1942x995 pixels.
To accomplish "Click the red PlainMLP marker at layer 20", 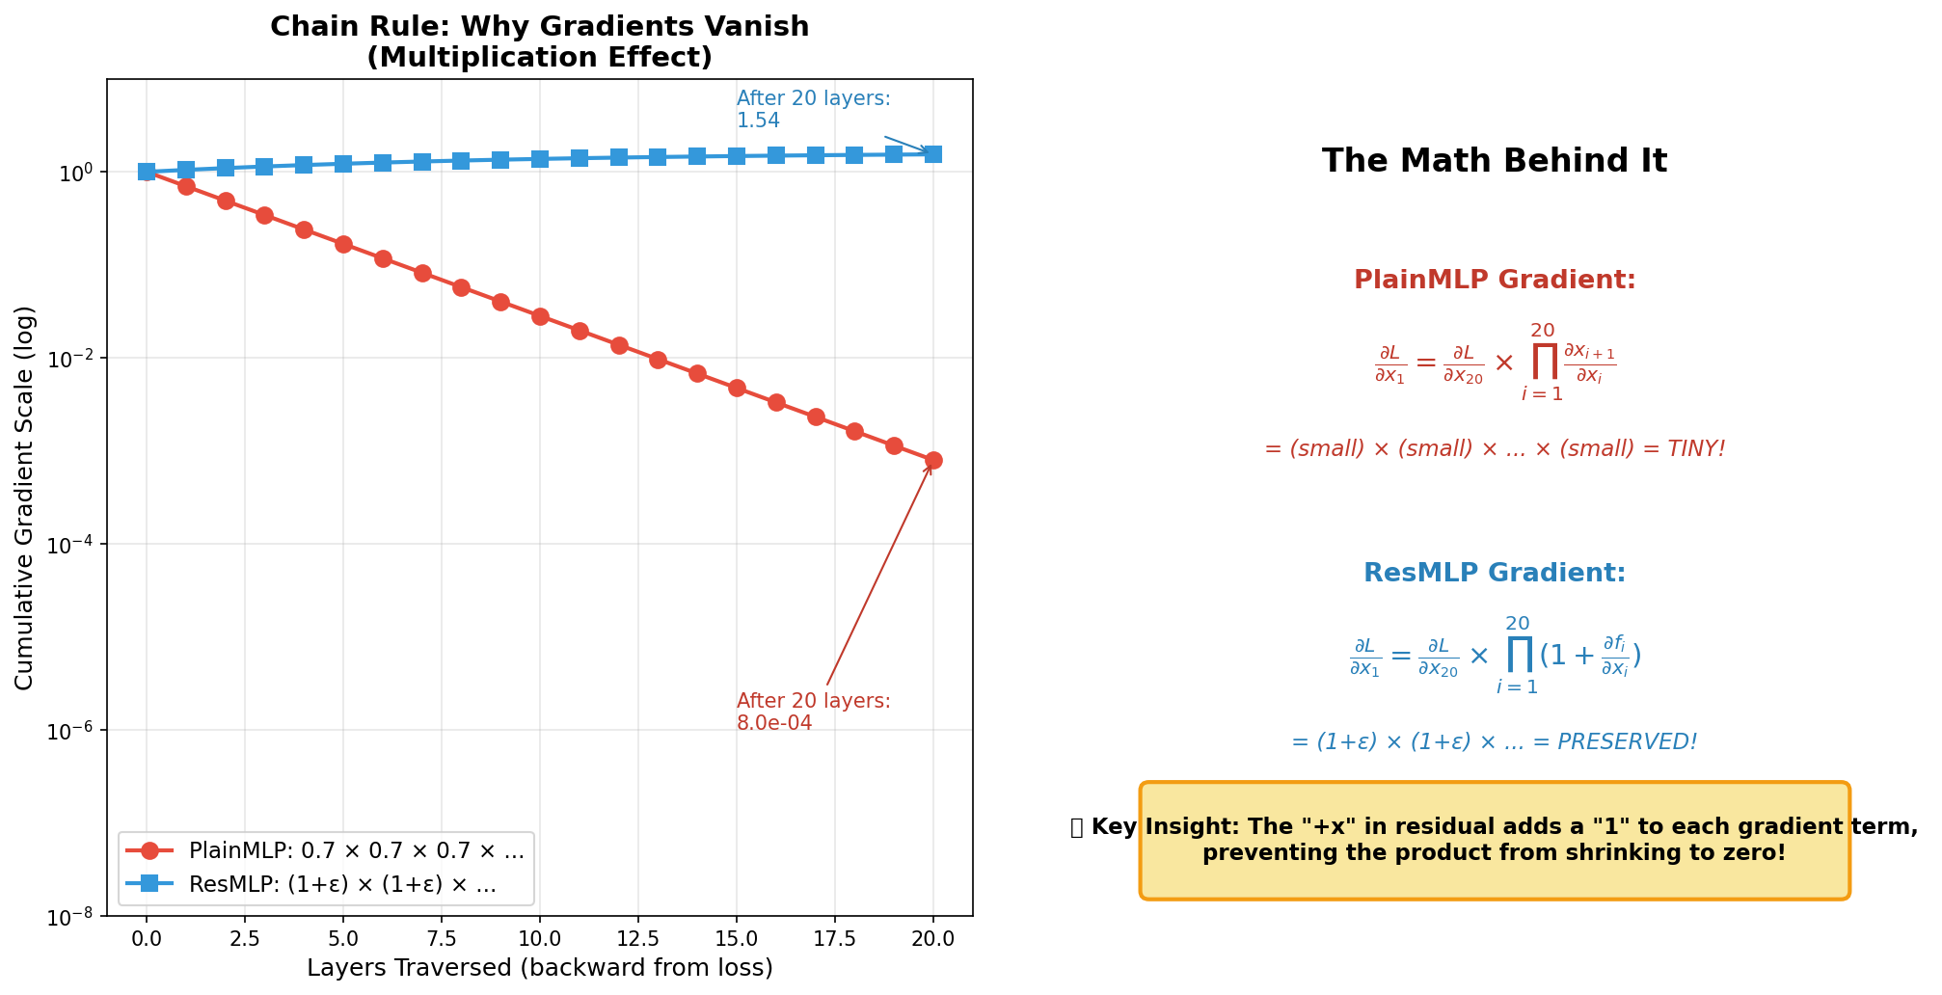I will (x=933, y=461).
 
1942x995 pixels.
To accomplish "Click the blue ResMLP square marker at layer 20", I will (x=933, y=154).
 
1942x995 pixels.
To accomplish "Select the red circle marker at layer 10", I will (x=540, y=316).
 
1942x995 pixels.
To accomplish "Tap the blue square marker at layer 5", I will (x=343, y=164).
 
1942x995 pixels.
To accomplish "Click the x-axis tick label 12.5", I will (x=658, y=939).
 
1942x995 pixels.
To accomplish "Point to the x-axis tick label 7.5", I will (x=461, y=939).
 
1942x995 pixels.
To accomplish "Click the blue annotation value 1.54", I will (x=758, y=121).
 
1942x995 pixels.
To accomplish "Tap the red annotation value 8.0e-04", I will (x=774, y=723).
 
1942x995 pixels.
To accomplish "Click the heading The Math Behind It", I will (x=1494, y=161).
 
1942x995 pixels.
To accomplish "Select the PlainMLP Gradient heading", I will (x=1494, y=281).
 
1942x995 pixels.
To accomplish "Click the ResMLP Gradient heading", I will (x=1494, y=574).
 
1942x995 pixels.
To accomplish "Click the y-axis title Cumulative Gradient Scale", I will (x=25, y=497).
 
